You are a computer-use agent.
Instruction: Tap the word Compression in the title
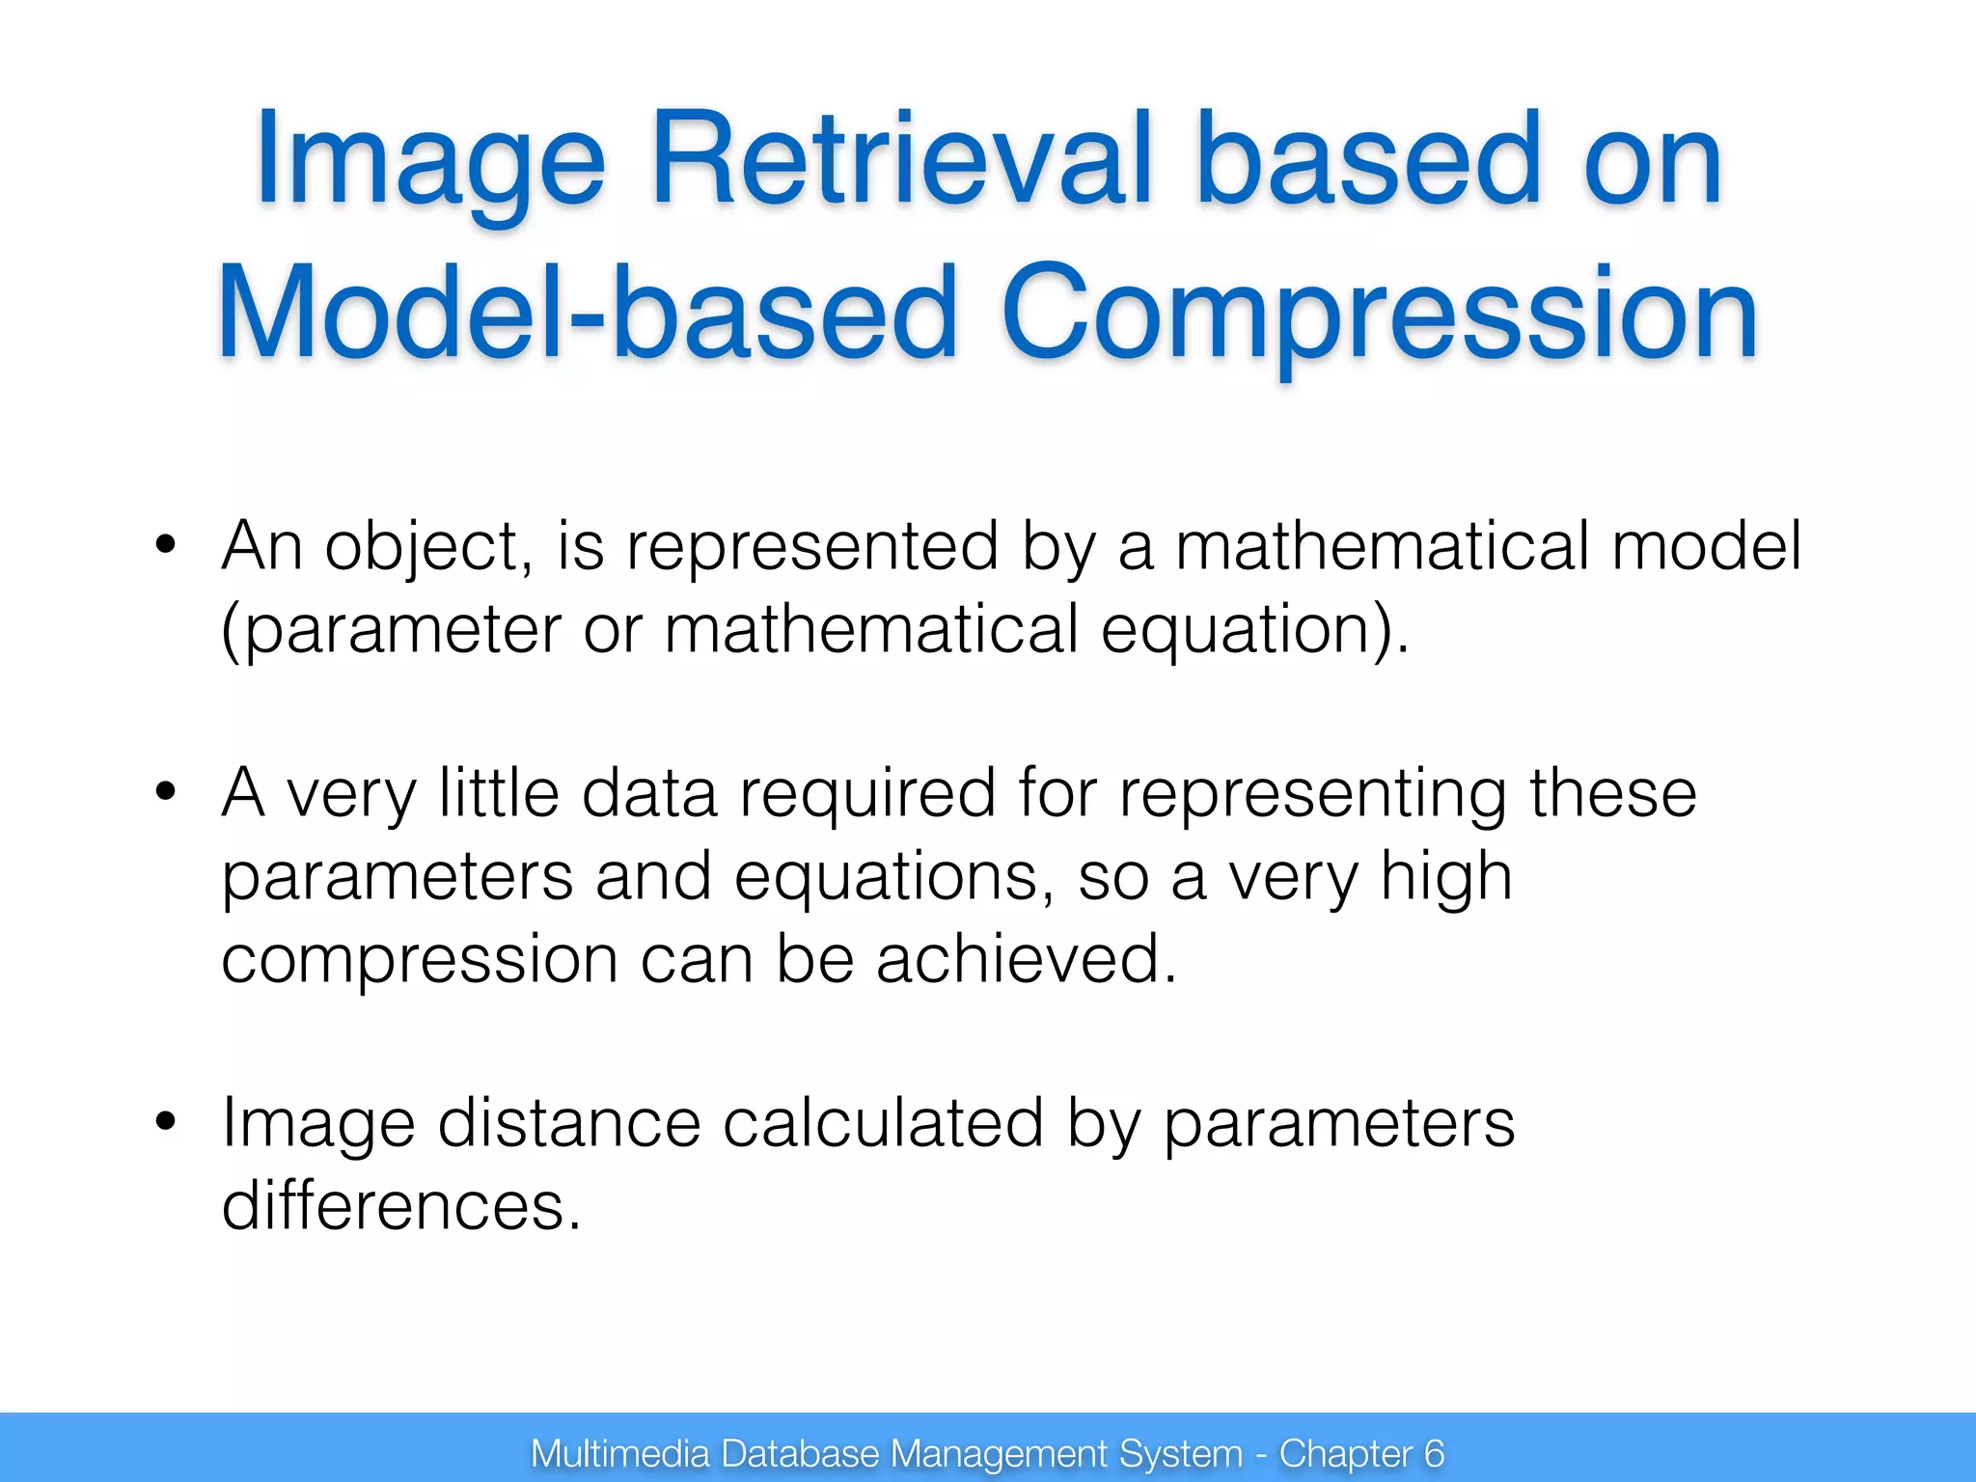coord(1379,314)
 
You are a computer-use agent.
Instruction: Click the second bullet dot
coord(166,792)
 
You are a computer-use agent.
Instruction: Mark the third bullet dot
coord(166,1122)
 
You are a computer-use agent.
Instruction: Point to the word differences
coord(400,1205)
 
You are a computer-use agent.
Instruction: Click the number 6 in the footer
coord(1434,1453)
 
